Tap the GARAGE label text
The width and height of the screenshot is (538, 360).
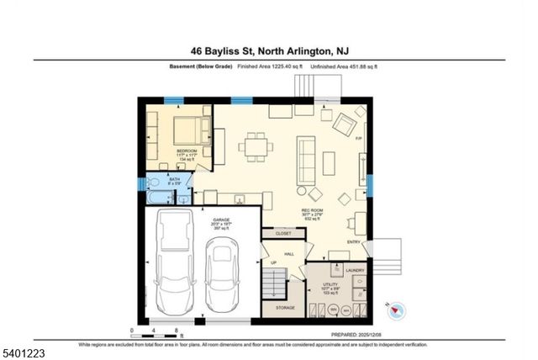click(x=222, y=221)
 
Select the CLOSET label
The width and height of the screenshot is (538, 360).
click(x=283, y=233)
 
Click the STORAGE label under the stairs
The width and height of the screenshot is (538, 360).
click(x=283, y=309)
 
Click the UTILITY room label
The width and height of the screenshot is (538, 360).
click(x=330, y=285)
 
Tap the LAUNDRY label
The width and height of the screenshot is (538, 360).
click(x=355, y=270)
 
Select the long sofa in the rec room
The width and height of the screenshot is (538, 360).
click(x=303, y=161)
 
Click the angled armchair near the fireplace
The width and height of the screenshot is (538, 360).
click(x=344, y=124)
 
